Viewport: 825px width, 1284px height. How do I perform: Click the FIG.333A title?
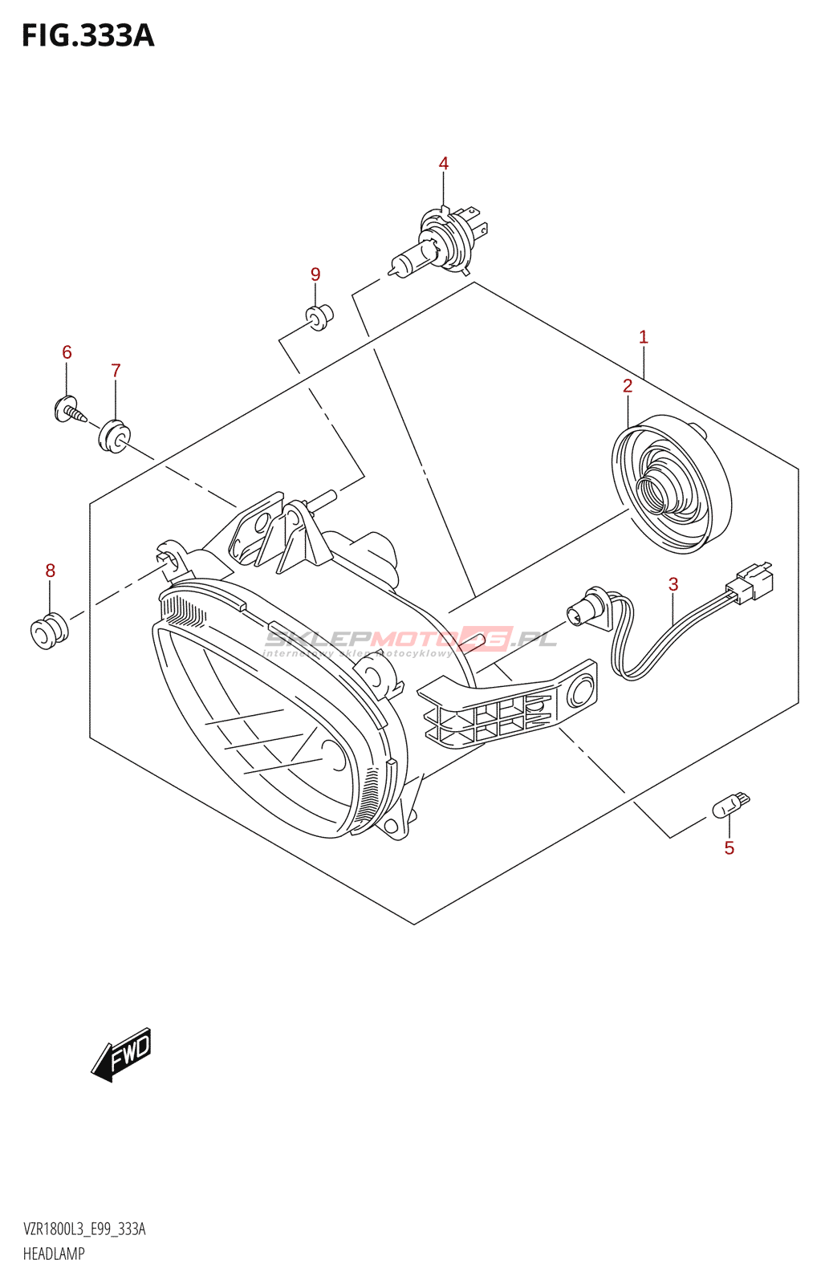(87, 36)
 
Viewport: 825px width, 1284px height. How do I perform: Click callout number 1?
(643, 337)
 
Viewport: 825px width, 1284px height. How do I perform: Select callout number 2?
(628, 386)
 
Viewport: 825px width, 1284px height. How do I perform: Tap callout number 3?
(673, 585)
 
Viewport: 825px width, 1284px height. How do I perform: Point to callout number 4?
(444, 164)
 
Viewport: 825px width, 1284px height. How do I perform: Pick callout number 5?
(729, 848)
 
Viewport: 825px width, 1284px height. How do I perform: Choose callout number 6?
(67, 352)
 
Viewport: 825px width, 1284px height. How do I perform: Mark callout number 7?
(116, 371)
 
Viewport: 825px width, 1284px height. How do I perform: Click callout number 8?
(50, 571)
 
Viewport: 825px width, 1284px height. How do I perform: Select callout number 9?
(315, 274)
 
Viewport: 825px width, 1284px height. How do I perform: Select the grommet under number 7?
(113, 435)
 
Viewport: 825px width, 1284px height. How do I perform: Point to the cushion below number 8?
(48, 631)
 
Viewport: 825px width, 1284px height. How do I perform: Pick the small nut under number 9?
(319, 317)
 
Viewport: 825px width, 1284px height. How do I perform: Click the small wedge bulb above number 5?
(730, 804)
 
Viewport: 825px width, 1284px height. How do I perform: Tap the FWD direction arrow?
(122, 1054)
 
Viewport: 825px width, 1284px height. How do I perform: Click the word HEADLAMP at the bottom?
(54, 1254)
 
